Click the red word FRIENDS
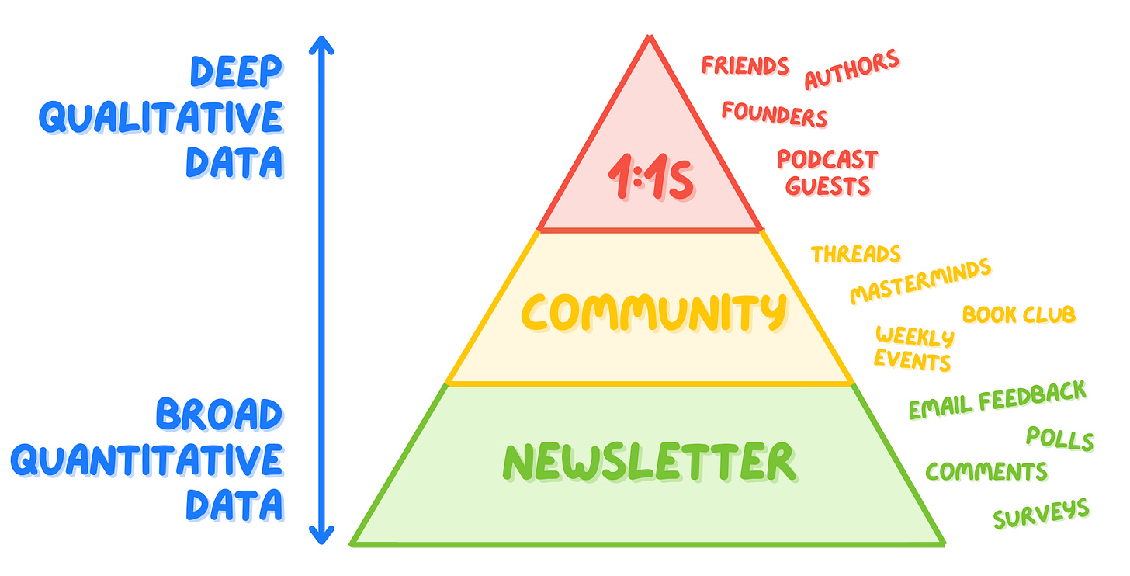(x=745, y=65)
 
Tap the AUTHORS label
(x=851, y=69)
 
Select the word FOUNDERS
(x=774, y=113)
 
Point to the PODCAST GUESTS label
(x=827, y=172)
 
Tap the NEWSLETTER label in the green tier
(x=649, y=463)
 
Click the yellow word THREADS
(x=855, y=254)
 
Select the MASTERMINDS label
(x=920, y=281)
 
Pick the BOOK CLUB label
(x=1018, y=314)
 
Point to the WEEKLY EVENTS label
(x=913, y=349)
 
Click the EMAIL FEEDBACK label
(x=997, y=400)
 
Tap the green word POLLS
(x=1059, y=439)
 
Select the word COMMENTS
(x=986, y=471)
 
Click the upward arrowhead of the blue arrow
(x=321, y=47)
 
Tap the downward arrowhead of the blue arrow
(x=321, y=535)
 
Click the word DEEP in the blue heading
(x=236, y=72)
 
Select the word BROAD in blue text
(x=219, y=415)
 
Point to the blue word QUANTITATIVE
(x=147, y=461)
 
